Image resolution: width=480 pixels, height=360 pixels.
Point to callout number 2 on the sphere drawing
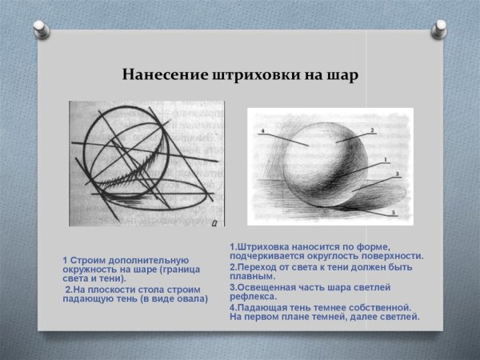pyautogui.click(x=372, y=130)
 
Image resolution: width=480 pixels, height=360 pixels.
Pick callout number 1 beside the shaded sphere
pyautogui.click(x=386, y=160)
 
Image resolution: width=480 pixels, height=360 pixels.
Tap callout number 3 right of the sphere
pyautogui.click(x=397, y=174)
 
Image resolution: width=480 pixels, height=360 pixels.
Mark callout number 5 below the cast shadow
pyautogui.click(x=393, y=213)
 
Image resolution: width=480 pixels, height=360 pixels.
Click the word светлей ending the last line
pyautogui.click(x=400, y=317)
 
